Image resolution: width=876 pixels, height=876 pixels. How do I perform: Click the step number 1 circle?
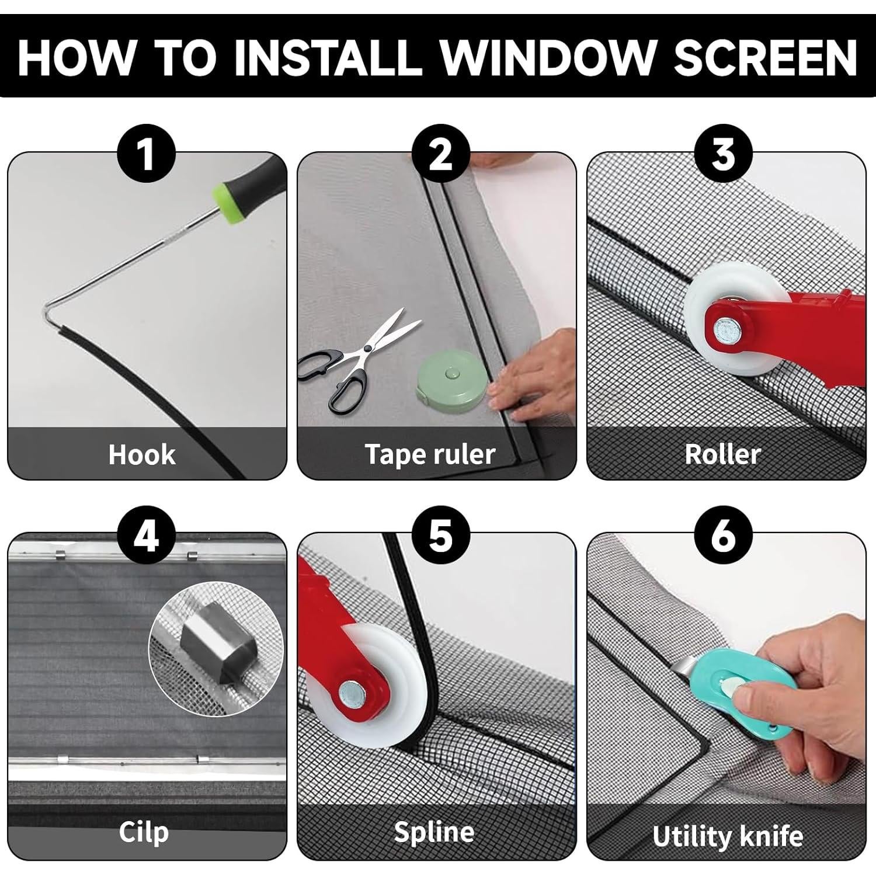click(147, 154)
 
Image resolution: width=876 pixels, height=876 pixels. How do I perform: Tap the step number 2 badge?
click(441, 154)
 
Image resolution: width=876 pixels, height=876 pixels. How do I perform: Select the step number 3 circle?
click(723, 154)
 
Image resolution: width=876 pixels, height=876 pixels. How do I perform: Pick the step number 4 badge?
click(147, 535)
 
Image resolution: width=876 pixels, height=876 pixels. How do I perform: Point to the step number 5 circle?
click(441, 535)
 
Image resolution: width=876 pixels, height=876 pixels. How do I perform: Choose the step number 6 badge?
click(723, 535)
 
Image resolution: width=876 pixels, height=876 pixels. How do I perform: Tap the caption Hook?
click(142, 454)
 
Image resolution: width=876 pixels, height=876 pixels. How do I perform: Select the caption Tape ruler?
click(430, 454)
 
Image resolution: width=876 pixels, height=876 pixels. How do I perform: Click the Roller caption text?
click(722, 454)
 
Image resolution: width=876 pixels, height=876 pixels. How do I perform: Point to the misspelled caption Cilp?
click(144, 832)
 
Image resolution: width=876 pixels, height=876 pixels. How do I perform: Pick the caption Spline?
click(434, 832)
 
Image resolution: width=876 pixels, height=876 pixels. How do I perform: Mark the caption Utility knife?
click(728, 836)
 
